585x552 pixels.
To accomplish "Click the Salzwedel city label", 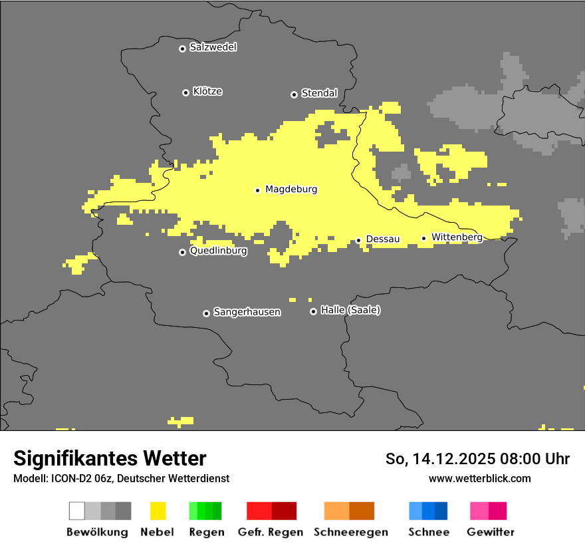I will [x=213, y=47].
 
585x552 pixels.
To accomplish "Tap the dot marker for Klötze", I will [x=185, y=92].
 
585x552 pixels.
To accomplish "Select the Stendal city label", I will [x=319, y=93].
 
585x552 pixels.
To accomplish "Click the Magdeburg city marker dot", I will [x=258, y=190].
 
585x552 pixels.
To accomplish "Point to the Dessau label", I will [x=382, y=239].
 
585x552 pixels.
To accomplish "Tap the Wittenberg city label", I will [x=457, y=237].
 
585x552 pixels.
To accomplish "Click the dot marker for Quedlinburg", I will [x=182, y=252].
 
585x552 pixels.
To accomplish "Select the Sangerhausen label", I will [x=247, y=312].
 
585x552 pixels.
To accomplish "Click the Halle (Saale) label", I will [x=350, y=310].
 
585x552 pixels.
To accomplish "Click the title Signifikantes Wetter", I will [x=110, y=458].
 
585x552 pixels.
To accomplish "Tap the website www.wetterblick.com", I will [x=479, y=478].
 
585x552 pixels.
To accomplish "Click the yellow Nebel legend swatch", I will [x=158, y=511].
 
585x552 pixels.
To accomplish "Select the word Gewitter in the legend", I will [x=490, y=532].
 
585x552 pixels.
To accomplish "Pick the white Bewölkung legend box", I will [x=77, y=511].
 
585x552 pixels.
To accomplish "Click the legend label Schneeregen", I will [x=350, y=532].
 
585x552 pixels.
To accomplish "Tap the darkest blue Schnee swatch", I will [x=441, y=511].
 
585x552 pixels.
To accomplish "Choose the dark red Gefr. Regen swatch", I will [x=284, y=511].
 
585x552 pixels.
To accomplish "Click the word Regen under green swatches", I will [x=206, y=532].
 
